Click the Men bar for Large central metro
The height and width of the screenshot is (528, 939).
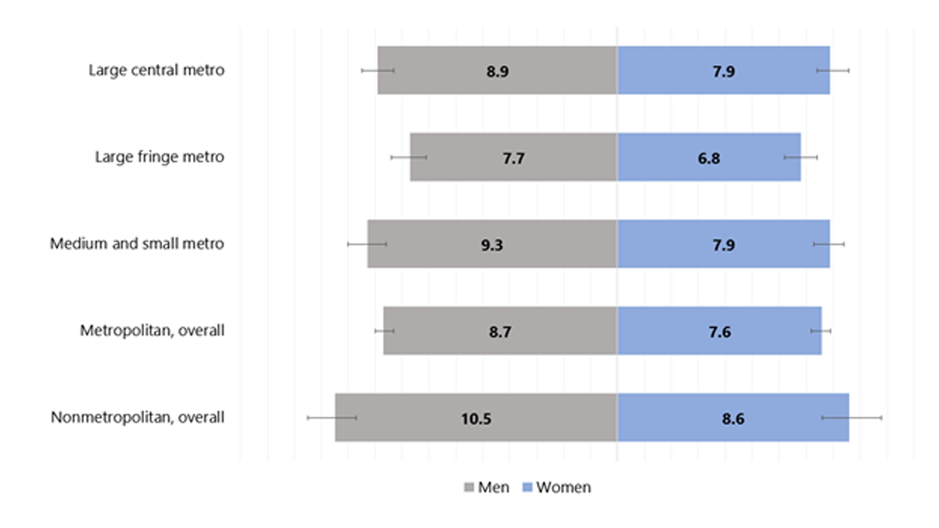point(438,70)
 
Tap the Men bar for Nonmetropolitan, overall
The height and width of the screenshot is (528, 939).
point(407,418)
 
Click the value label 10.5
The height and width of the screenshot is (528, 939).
point(476,418)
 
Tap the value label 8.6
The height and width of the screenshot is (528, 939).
point(733,418)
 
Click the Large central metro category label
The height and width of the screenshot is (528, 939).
point(156,70)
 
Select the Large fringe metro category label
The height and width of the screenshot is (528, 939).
point(160,157)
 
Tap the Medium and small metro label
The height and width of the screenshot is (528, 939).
point(137,244)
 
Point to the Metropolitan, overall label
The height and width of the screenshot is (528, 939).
point(153,330)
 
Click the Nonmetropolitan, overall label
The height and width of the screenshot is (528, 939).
point(138,418)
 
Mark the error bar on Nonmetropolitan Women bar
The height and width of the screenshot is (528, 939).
point(851,418)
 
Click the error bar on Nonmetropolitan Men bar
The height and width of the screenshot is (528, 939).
point(332,418)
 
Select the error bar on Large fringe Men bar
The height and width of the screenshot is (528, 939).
point(408,157)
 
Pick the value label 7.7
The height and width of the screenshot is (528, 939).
point(513,157)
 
